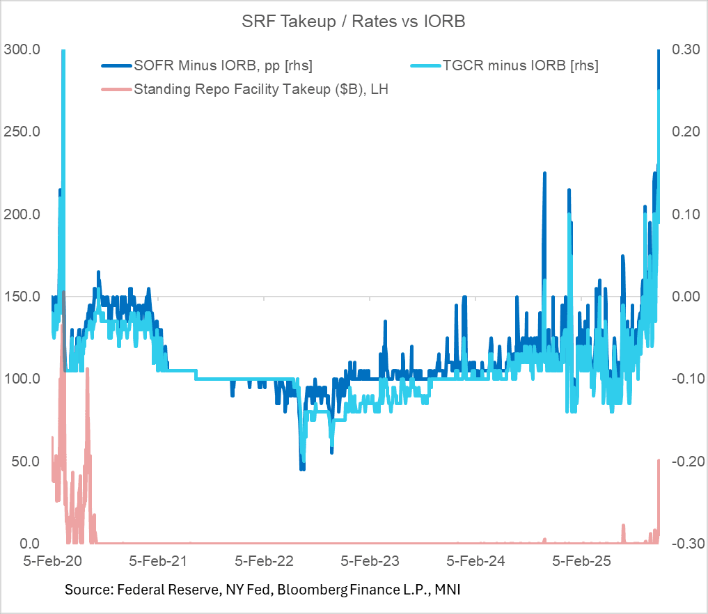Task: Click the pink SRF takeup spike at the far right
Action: click(x=658, y=461)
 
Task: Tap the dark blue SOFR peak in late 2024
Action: click(x=544, y=173)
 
